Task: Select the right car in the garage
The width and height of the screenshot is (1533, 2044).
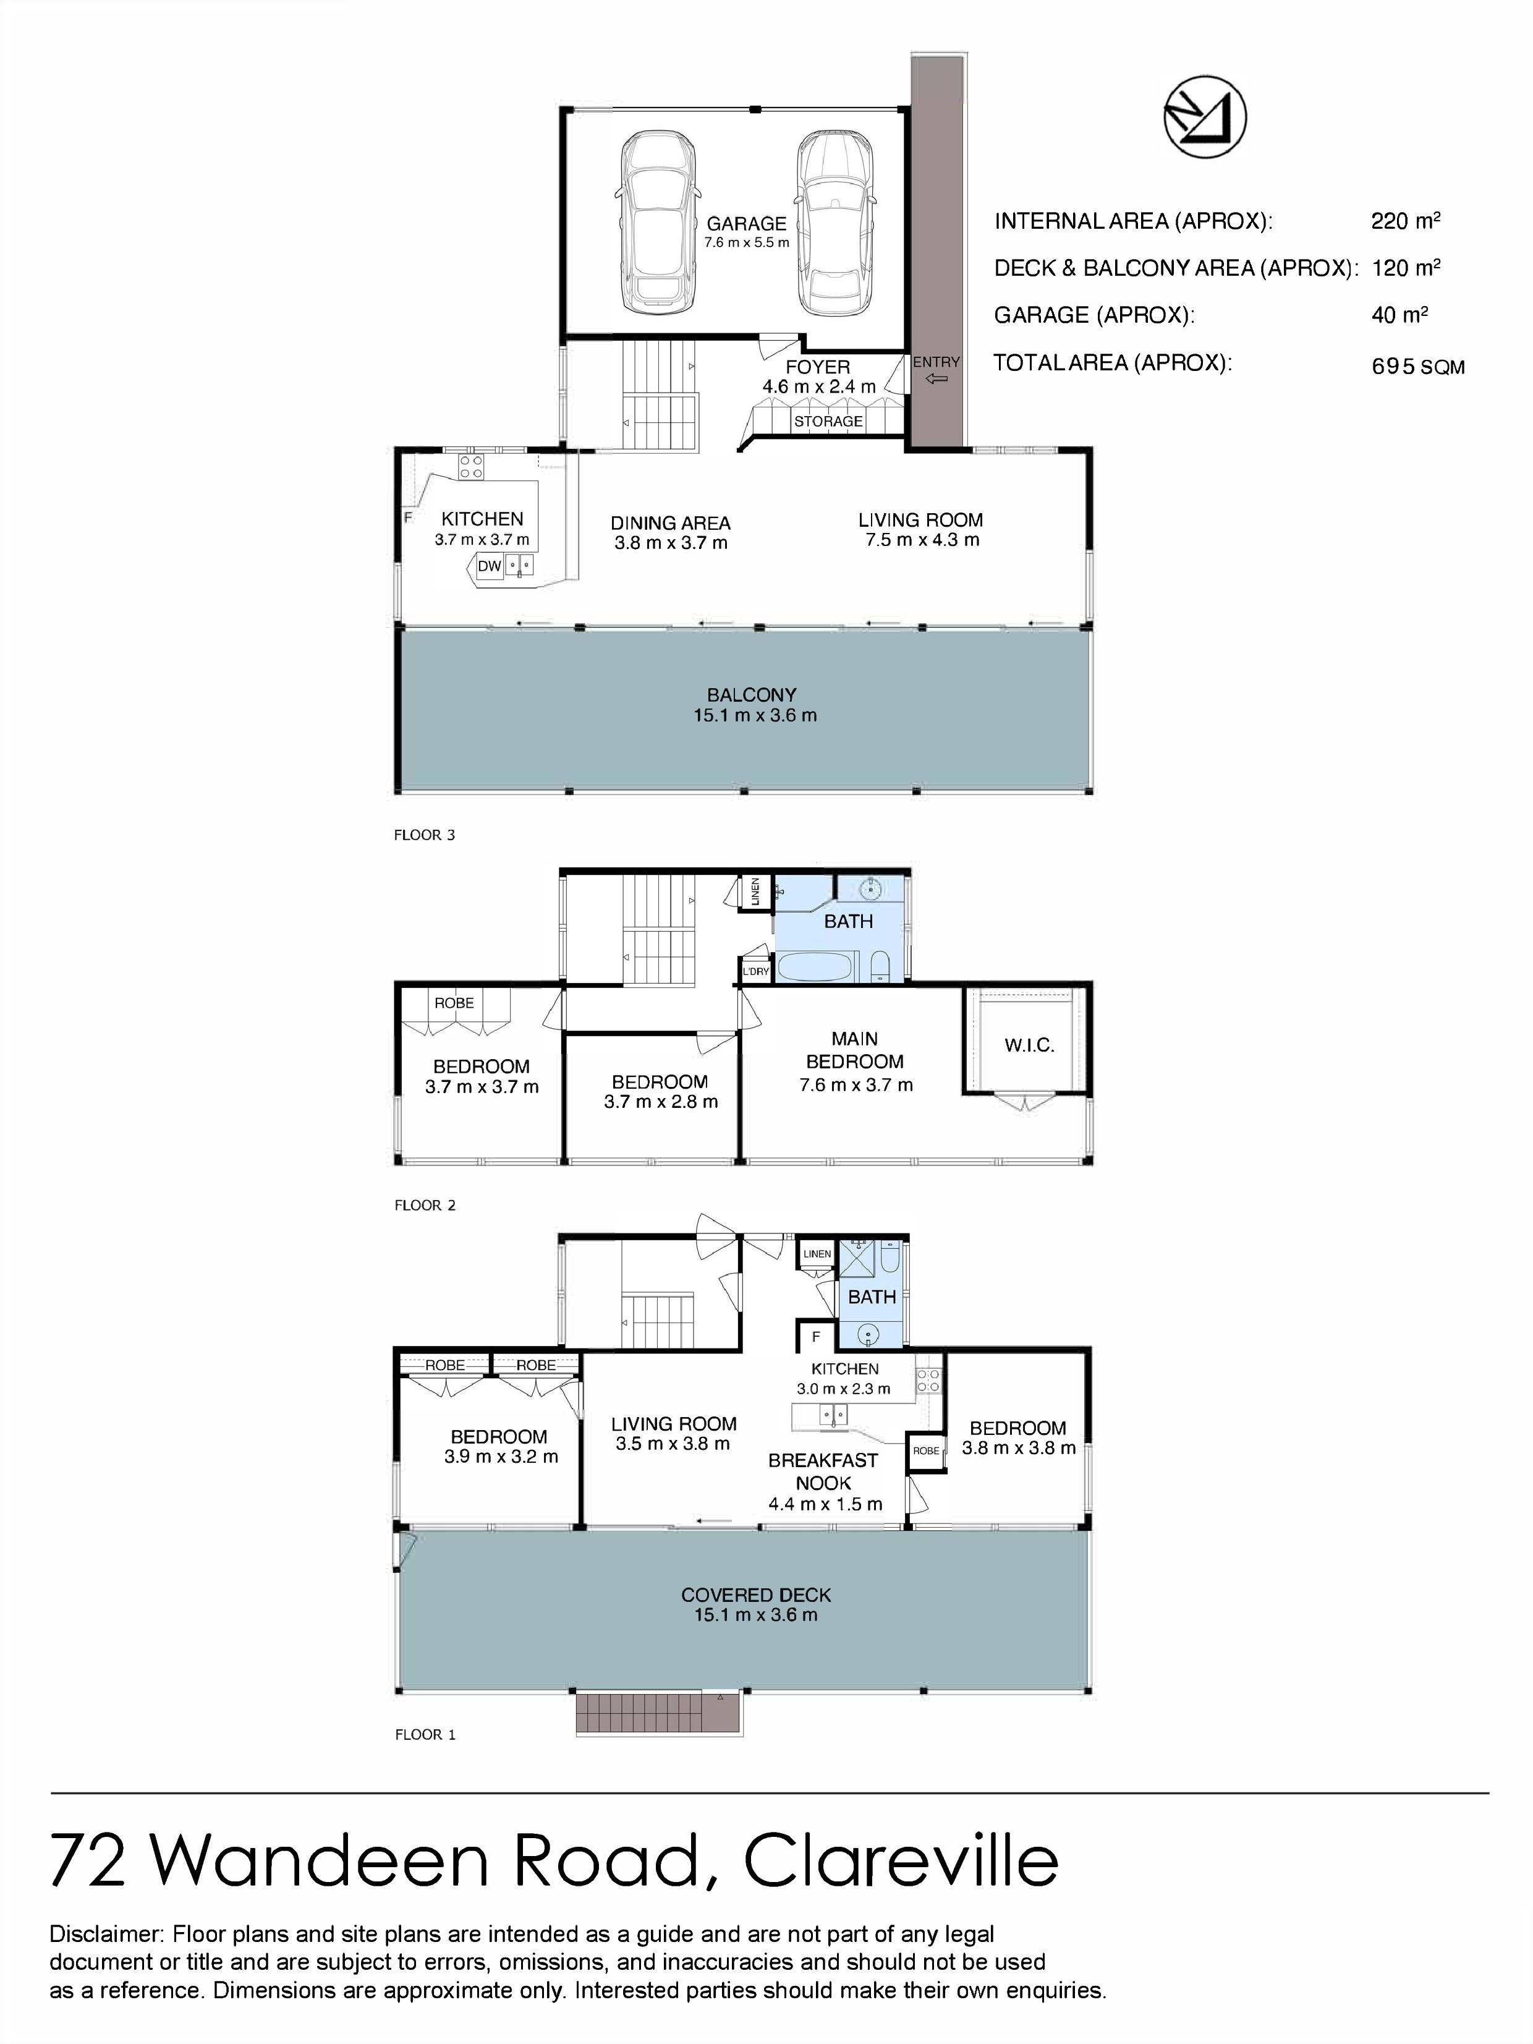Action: [834, 223]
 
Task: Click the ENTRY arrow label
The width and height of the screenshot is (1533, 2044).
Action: [936, 370]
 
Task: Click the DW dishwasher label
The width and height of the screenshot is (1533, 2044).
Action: [489, 566]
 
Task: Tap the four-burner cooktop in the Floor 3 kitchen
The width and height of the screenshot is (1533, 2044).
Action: [471, 467]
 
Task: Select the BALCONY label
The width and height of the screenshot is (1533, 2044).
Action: [752, 695]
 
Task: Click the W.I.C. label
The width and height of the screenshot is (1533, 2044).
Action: [1029, 1046]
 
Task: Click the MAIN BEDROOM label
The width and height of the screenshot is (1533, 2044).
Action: [855, 1050]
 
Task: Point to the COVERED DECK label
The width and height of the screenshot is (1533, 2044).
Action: [756, 1596]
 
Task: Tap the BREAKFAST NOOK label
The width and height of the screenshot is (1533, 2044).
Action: [823, 1471]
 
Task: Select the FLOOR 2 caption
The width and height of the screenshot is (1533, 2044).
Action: [425, 1205]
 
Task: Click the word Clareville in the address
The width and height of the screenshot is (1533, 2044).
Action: [901, 1860]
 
